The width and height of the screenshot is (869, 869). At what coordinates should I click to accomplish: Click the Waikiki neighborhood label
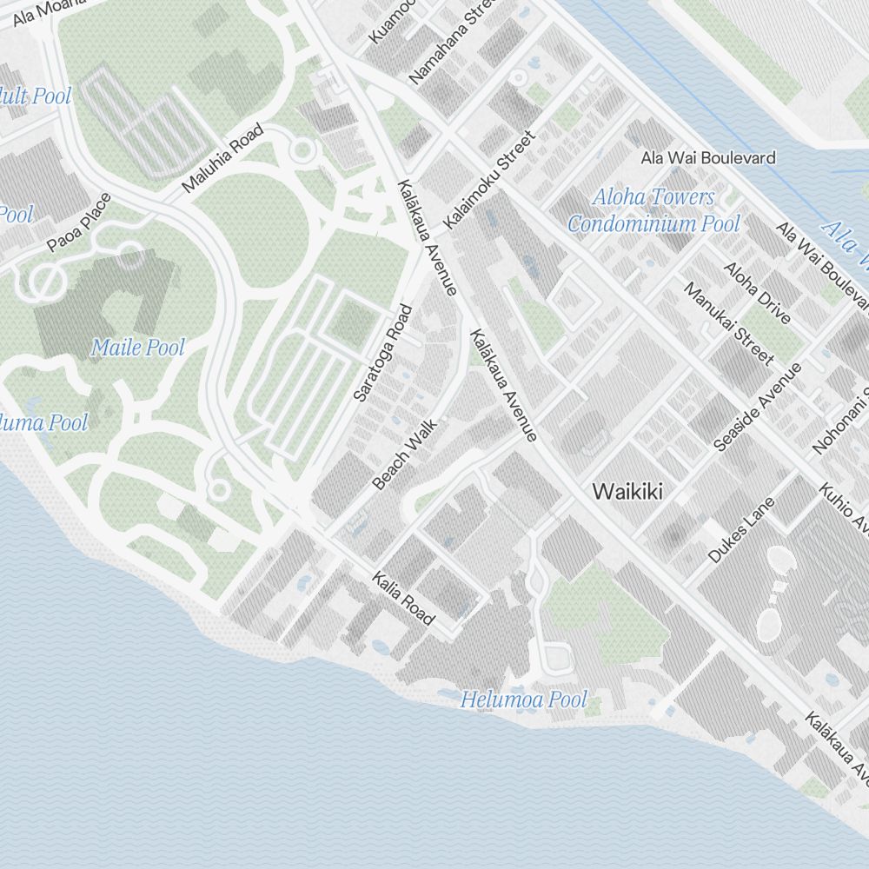point(627,492)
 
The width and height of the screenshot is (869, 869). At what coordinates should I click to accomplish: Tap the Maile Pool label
point(138,348)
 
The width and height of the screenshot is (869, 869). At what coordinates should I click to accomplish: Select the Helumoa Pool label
point(523,700)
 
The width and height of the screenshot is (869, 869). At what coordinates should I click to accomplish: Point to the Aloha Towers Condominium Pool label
point(653,210)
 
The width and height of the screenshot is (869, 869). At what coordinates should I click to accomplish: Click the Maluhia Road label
point(222,159)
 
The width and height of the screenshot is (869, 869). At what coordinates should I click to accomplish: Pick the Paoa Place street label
point(80,222)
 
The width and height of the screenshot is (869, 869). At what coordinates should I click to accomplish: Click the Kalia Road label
point(402,598)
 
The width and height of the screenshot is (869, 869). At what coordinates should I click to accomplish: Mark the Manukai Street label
point(728,323)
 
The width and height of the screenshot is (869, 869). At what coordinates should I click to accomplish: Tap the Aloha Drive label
point(757,293)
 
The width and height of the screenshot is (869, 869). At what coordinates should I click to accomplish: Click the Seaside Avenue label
point(757,407)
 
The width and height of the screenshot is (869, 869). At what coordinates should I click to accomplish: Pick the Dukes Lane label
point(740,530)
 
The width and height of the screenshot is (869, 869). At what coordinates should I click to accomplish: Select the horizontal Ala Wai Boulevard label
point(708,158)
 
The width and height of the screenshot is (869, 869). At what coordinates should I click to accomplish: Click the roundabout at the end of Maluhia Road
point(302,151)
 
